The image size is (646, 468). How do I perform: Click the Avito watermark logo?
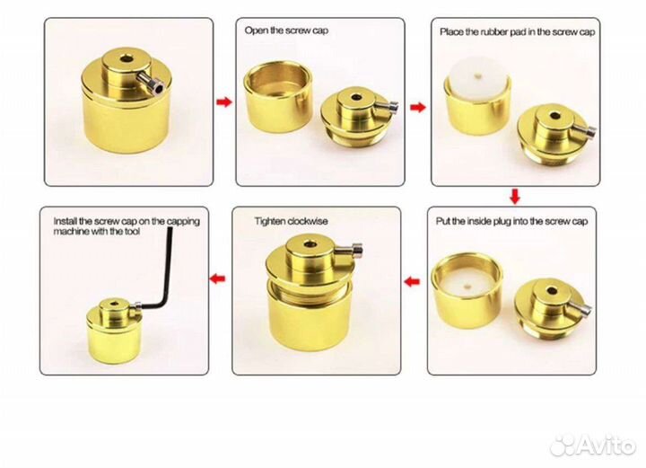point(593,445)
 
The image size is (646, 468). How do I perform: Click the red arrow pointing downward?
point(515,196)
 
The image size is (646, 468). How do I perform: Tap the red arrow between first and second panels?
point(224,102)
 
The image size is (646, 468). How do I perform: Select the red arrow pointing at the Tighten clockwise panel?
point(412,282)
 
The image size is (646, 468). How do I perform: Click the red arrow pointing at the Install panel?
point(217,279)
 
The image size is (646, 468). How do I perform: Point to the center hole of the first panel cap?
point(127,59)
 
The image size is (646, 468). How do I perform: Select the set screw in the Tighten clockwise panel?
point(349,250)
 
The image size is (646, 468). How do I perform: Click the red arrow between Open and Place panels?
point(418,108)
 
